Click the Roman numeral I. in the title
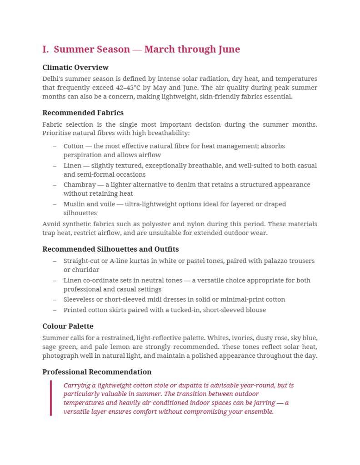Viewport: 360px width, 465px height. tap(45, 49)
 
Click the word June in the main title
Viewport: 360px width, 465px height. tap(229, 49)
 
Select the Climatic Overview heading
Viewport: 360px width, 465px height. tap(75, 68)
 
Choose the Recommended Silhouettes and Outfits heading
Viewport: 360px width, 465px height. tap(110, 249)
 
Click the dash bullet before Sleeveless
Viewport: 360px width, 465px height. tap(55, 300)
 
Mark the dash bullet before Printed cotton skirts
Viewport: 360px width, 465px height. tap(55, 310)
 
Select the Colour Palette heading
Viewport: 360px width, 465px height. tap(68, 326)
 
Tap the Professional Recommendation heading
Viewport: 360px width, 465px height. tap(97, 372)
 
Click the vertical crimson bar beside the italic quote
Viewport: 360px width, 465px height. tap(51, 398)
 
